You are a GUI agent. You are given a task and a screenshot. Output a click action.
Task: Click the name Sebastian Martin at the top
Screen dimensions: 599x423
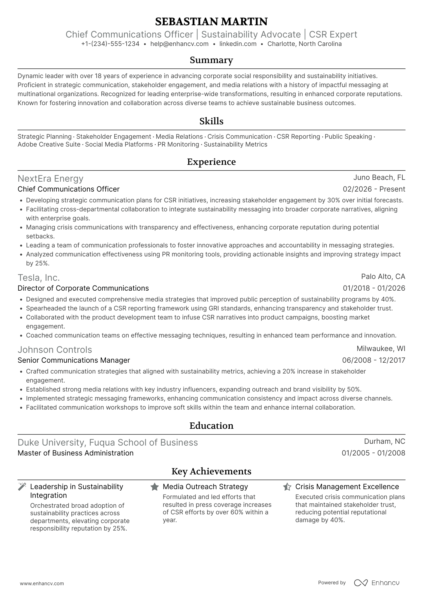click(x=211, y=22)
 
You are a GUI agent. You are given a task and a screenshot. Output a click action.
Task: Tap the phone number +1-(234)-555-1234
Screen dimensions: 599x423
click(x=110, y=44)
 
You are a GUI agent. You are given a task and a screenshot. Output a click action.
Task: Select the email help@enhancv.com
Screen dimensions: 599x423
click(x=179, y=44)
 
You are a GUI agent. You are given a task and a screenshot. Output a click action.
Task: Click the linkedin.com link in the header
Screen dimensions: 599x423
click(x=238, y=44)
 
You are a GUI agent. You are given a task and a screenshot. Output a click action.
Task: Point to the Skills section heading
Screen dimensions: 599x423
click(x=211, y=121)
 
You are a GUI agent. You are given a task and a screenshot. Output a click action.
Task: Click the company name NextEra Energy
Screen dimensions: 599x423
click(x=50, y=179)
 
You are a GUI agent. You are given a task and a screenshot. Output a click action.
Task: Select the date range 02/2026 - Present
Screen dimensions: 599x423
click(x=374, y=189)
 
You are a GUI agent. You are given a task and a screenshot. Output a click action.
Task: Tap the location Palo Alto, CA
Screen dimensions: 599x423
click(x=383, y=276)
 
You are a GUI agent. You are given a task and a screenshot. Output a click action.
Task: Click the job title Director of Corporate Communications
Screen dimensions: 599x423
click(x=83, y=288)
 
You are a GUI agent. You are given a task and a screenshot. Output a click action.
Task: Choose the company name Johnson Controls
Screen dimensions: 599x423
click(x=55, y=350)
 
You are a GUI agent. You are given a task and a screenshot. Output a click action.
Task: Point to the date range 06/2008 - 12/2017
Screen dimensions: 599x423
click(x=373, y=360)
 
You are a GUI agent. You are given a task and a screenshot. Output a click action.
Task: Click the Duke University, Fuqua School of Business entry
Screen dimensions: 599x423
click(x=108, y=443)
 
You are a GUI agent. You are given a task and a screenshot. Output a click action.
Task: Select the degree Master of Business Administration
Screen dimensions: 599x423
click(x=76, y=453)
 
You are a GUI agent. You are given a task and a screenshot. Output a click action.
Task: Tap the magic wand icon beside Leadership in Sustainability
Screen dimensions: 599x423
click(x=22, y=487)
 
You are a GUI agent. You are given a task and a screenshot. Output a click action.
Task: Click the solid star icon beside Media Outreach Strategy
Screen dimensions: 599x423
click(x=154, y=487)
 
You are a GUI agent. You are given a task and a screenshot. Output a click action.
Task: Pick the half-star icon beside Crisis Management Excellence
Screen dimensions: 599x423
click(x=287, y=487)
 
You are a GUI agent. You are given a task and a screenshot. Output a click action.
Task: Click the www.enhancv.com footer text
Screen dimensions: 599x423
click(x=42, y=584)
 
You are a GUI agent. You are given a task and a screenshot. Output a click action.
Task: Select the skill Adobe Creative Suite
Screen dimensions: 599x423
click(x=49, y=144)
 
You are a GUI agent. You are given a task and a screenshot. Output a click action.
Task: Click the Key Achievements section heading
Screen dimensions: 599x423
click(x=211, y=471)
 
